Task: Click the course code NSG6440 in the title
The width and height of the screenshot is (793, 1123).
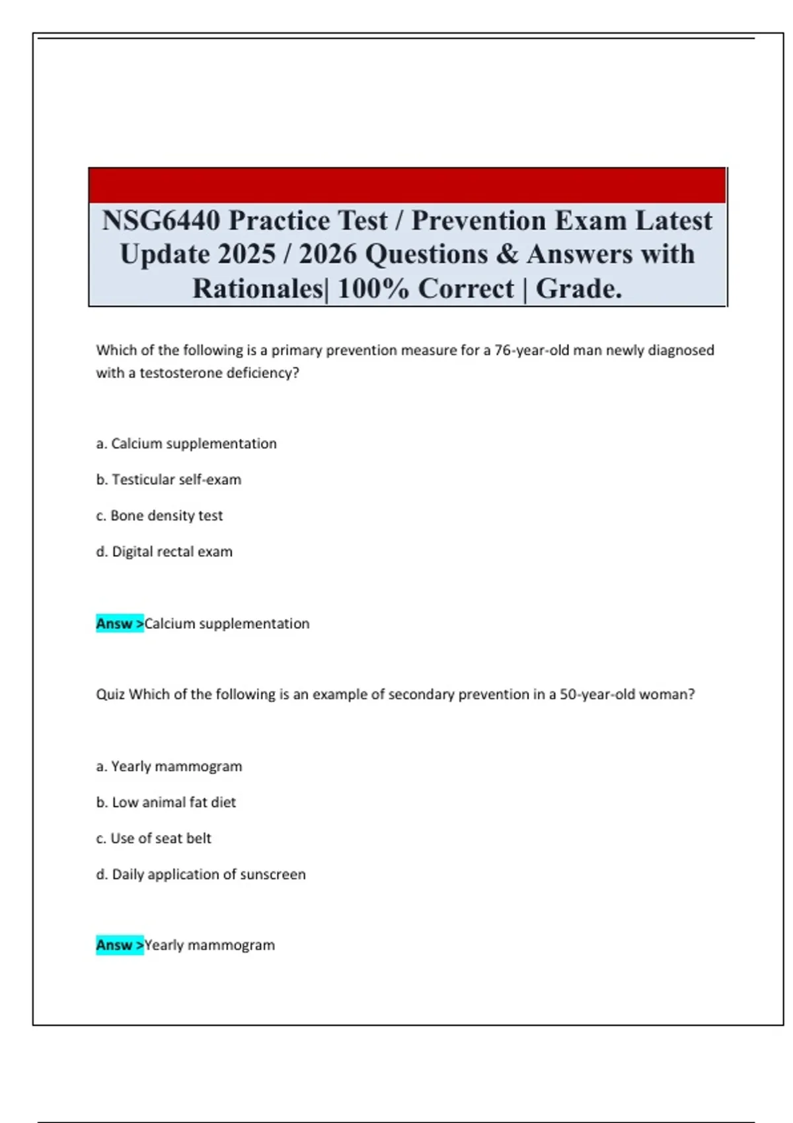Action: click(161, 221)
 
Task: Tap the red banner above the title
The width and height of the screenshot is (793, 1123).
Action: click(407, 185)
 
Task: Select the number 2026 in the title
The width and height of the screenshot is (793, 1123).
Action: click(328, 254)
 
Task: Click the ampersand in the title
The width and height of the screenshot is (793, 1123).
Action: click(507, 254)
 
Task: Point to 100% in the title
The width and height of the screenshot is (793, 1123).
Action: click(373, 289)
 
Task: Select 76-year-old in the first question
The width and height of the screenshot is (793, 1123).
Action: click(532, 350)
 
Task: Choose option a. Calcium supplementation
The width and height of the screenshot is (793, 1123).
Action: click(186, 443)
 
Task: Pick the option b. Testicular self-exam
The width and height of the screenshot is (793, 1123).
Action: click(169, 480)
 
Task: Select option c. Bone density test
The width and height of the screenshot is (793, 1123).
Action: click(159, 515)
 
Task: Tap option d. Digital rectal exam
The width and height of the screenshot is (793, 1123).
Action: click(164, 552)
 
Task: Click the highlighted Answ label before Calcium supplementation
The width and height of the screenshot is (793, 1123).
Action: click(119, 624)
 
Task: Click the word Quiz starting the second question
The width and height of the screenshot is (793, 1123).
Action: click(110, 694)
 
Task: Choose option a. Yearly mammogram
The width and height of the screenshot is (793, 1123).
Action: click(169, 766)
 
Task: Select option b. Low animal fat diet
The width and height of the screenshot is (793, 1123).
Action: click(166, 802)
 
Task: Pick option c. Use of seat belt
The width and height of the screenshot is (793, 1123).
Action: click(153, 838)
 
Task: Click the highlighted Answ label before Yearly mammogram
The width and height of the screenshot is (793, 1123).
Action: click(119, 945)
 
